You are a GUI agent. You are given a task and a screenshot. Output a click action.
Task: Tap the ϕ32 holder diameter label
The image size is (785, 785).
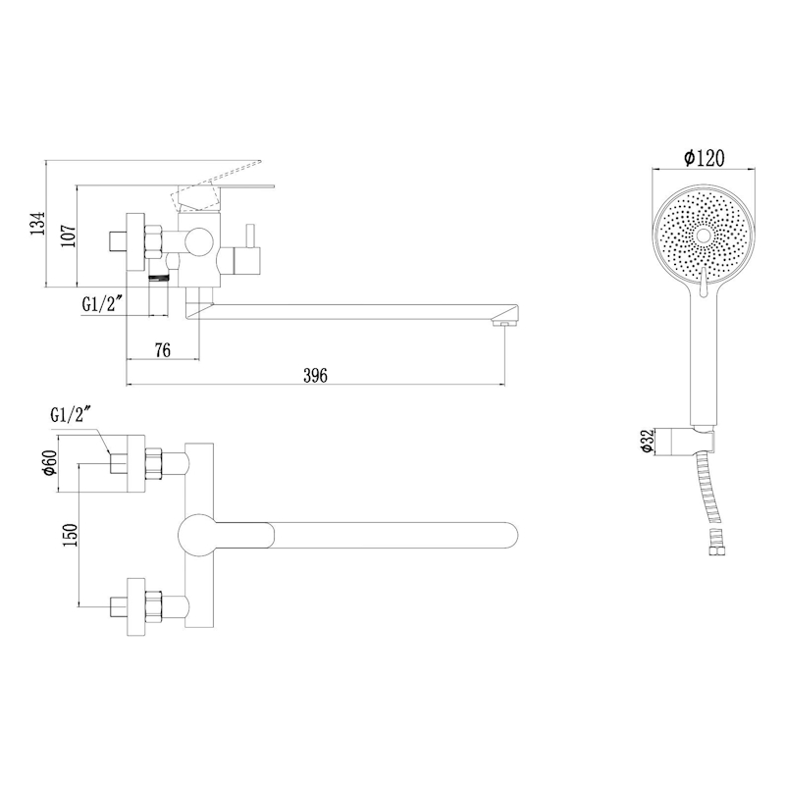pyautogui.click(x=648, y=442)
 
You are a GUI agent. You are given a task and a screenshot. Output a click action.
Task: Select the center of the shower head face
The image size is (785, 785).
pyautogui.click(x=703, y=235)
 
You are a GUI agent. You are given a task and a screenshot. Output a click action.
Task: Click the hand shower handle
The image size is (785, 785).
pyautogui.click(x=703, y=363)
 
